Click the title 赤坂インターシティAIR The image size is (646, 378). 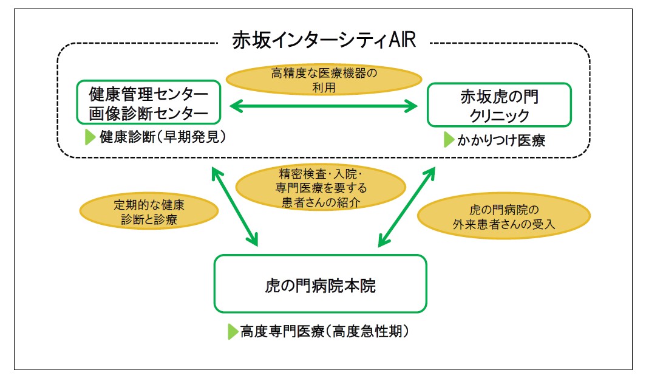click(324, 40)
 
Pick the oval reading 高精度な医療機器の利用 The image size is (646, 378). click(324, 80)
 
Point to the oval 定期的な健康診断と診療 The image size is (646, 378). click(149, 211)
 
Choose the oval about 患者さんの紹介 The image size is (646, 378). click(321, 188)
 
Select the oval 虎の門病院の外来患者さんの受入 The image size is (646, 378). click(504, 216)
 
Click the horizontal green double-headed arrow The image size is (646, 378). click(324, 106)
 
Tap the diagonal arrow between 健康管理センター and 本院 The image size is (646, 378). click(235, 206)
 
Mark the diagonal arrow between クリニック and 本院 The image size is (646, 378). click(407, 207)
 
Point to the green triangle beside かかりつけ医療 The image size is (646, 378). click(449, 140)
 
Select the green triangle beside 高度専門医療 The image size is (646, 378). click(233, 331)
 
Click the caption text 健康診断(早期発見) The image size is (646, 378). click(163, 137)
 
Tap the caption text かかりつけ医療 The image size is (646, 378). click(501, 140)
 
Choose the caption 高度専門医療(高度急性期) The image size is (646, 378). click(325, 331)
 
